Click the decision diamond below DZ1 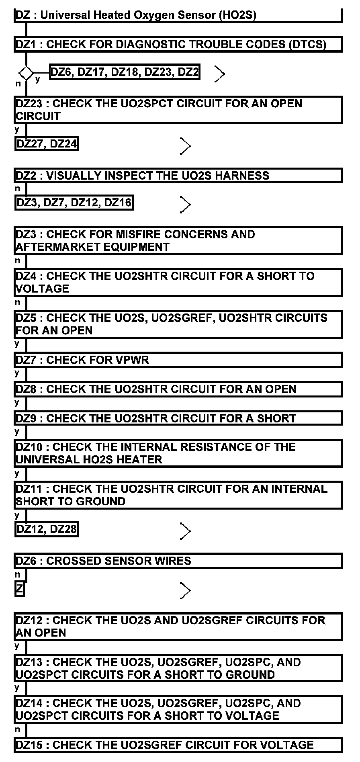[27, 73]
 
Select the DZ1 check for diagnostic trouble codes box [178, 44]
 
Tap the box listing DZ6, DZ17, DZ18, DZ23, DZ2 [125, 72]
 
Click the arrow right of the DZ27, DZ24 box [185, 146]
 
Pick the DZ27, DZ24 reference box [47, 143]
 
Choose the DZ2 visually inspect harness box [178, 176]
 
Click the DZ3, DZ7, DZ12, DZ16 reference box [74, 203]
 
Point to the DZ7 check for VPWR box [178, 360]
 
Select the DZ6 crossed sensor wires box [178, 561]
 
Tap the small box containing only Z [20, 589]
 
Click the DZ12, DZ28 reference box [47, 529]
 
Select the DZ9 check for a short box [178, 418]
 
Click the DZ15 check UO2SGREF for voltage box [178, 745]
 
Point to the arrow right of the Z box [185, 590]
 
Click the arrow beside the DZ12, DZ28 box [185, 531]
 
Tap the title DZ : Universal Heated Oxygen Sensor [136, 15]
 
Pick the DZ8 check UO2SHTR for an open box [178, 389]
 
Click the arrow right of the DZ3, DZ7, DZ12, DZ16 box [185, 205]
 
